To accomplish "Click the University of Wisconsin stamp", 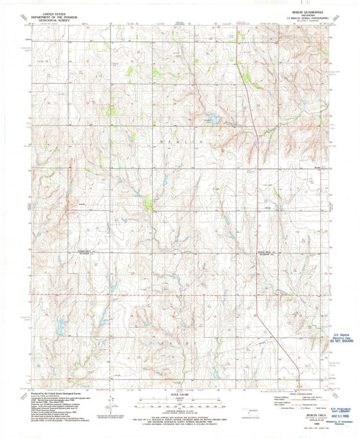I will [342, 422].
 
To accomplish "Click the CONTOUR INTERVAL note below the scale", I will [179, 412].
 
